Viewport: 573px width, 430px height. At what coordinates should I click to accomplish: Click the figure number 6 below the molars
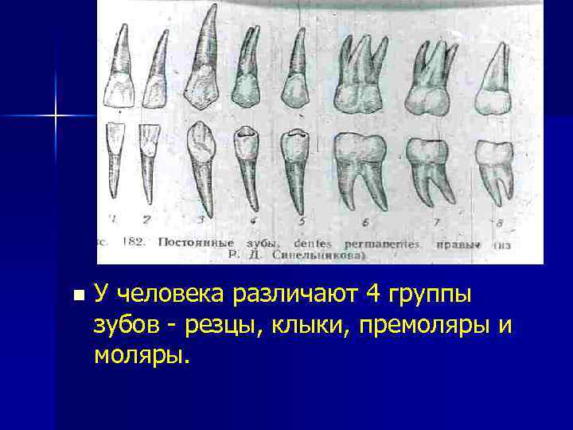pyautogui.click(x=364, y=221)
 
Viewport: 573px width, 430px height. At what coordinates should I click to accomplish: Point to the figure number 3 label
pyautogui.click(x=201, y=217)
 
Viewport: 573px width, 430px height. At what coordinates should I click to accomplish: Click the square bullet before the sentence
pyautogui.click(x=76, y=295)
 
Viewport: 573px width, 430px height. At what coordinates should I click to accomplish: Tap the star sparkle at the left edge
pyautogui.click(x=57, y=116)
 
